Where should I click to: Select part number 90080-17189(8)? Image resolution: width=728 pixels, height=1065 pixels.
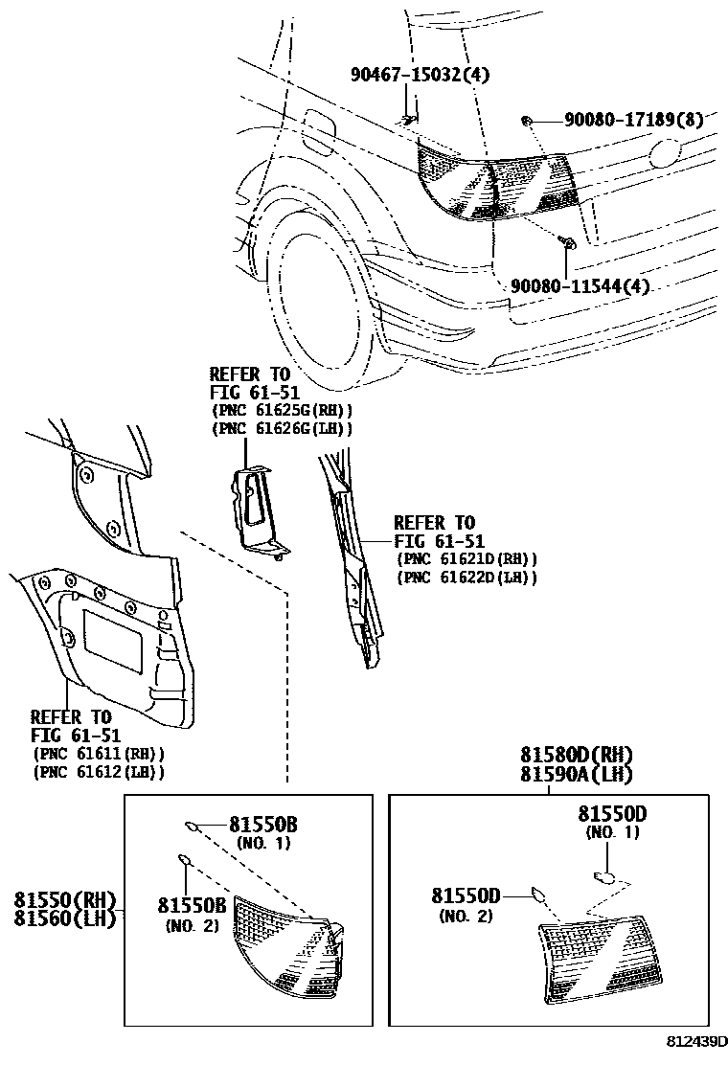(633, 120)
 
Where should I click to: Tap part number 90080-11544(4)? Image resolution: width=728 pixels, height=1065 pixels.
(580, 285)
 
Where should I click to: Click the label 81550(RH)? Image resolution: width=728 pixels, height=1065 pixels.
(64, 900)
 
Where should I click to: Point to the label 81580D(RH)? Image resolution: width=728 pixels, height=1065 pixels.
(577, 756)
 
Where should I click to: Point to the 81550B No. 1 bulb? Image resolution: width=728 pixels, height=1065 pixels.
(193, 825)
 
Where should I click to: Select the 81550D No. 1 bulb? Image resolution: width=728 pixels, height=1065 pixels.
(603, 875)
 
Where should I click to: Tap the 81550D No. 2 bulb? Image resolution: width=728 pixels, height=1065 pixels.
(538, 895)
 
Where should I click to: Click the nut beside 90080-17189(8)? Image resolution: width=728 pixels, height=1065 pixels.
(527, 120)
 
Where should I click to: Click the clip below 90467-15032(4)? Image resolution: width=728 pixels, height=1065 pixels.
(408, 119)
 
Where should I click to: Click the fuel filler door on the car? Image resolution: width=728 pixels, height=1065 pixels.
(319, 130)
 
